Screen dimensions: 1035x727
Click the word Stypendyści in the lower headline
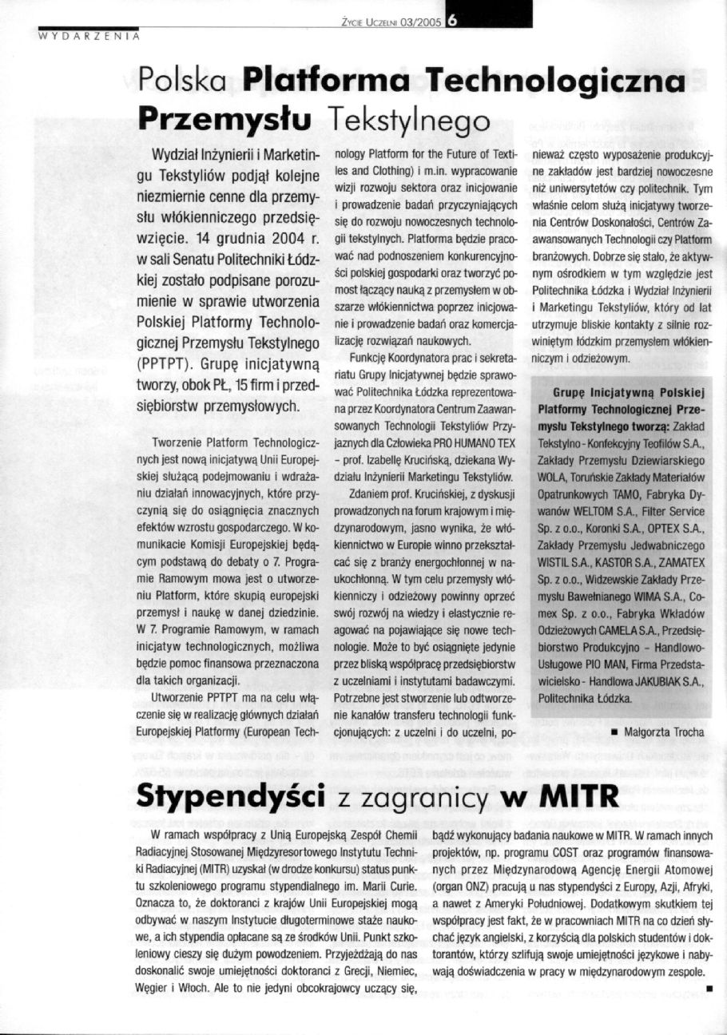(x=229, y=796)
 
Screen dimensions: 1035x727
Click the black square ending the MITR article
(x=709, y=988)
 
